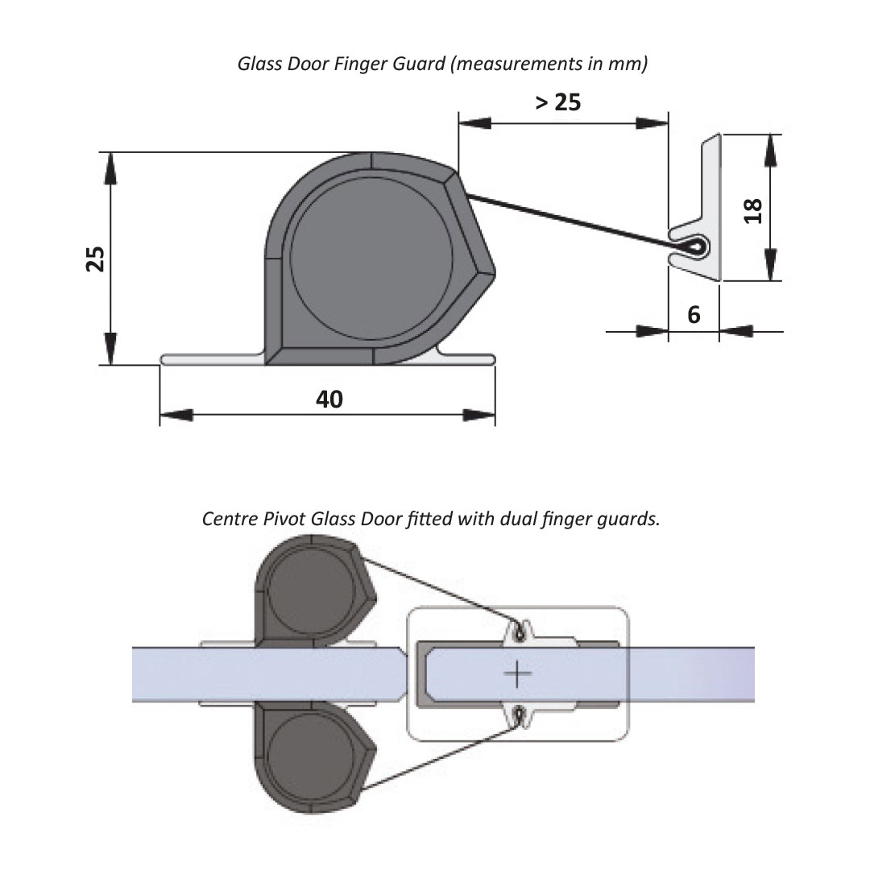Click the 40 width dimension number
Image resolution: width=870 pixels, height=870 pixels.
329,399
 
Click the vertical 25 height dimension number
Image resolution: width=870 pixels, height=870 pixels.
96,259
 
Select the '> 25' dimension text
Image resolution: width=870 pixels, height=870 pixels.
557,102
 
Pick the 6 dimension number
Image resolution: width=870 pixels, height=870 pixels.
694,315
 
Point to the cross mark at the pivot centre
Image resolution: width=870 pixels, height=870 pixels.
517,672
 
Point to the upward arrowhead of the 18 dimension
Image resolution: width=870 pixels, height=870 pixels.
771,149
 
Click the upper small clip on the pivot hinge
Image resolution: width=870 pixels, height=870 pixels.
520,633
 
